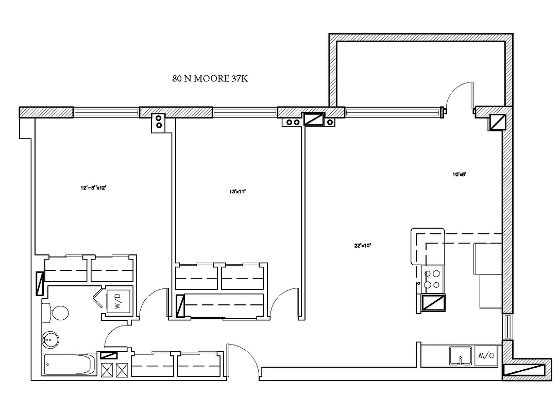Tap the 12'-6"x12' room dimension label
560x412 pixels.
point(93,188)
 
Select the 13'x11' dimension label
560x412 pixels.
point(237,192)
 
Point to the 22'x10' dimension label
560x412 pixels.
point(363,246)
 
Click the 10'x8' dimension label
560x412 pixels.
point(460,175)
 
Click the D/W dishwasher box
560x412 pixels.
point(486,355)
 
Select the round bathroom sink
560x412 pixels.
point(50,339)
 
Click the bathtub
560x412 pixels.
point(70,366)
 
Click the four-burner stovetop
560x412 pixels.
point(432,280)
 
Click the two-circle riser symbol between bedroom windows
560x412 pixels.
point(159,122)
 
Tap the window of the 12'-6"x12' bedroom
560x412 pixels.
point(106,112)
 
